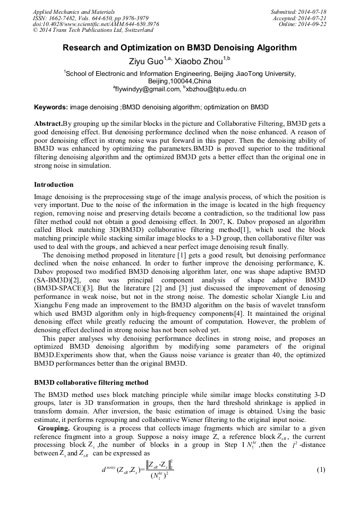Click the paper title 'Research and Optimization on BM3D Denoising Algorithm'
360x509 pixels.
pos(179,48)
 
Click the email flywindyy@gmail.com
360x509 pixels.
pos(148,90)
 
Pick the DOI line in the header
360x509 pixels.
pos(96,24)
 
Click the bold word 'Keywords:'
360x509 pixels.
pos(51,107)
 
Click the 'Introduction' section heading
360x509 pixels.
pos(54,185)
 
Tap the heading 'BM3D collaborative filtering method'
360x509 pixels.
pos(91,382)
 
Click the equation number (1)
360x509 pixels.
pos(320,470)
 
